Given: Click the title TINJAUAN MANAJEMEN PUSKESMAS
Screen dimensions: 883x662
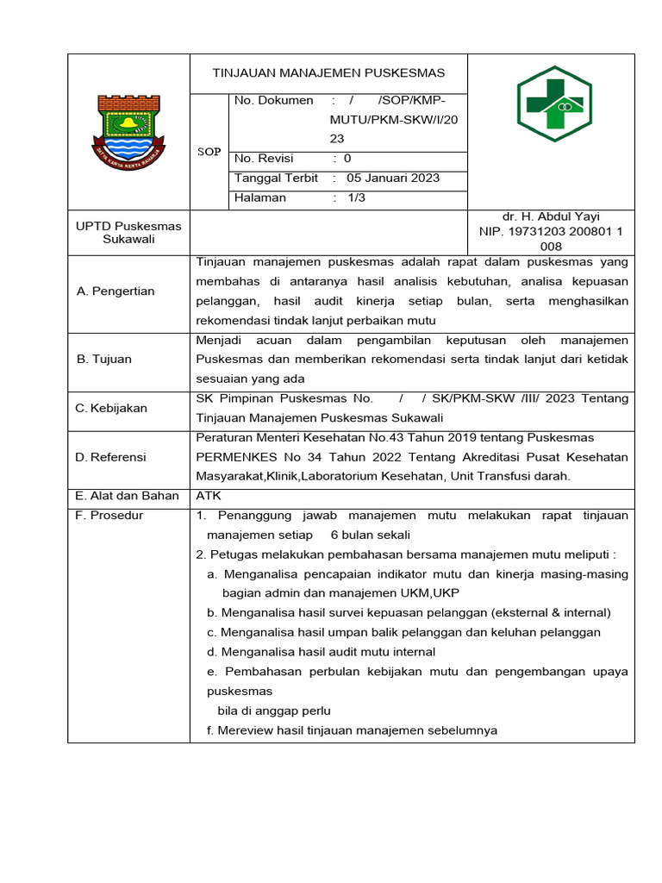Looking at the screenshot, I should (x=328, y=73).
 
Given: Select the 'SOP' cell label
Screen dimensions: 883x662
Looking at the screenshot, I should (x=209, y=152).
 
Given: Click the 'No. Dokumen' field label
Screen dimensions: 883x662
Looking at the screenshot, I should (x=274, y=101).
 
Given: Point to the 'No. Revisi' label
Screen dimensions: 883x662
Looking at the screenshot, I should (x=265, y=159).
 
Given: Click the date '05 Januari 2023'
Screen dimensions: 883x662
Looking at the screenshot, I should (x=393, y=178).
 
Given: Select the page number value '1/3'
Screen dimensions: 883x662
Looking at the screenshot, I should (x=356, y=198).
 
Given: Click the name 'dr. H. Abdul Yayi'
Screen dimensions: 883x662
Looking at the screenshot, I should (x=551, y=217).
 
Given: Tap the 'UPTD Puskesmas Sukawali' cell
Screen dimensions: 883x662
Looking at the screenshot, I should (x=128, y=233).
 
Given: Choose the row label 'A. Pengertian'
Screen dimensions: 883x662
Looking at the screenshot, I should (x=116, y=291).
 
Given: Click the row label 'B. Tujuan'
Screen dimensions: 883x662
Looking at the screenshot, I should (x=104, y=359).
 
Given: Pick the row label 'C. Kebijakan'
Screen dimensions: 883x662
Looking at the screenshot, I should (x=112, y=408).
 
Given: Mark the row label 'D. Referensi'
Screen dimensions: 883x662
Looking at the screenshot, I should (x=111, y=457).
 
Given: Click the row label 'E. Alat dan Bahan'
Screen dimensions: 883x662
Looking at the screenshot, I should (x=128, y=496).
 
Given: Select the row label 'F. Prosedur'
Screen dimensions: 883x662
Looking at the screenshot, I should (x=110, y=516).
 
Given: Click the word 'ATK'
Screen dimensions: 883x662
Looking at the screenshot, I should (x=209, y=496).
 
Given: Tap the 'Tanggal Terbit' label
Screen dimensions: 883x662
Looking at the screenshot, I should (x=277, y=178).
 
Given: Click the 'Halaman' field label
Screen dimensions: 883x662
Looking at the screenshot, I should (x=260, y=198).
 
